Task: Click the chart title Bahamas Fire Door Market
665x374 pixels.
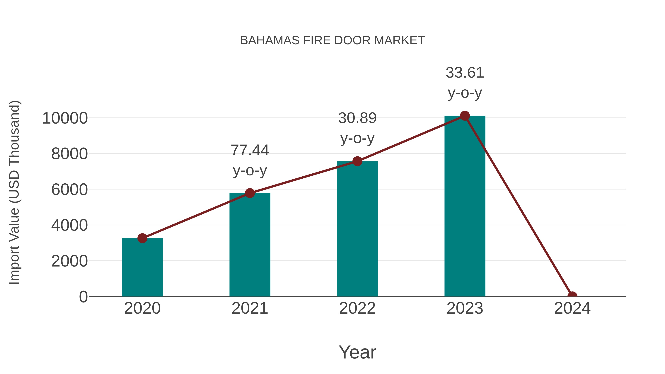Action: (332, 40)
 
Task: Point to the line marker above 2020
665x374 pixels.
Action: (142, 238)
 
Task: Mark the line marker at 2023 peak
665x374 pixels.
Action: (465, 116)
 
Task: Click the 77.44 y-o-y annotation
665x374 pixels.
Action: (250, 160)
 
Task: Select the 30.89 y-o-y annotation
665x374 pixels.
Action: (357, 128)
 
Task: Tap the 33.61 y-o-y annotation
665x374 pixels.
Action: (465, 83)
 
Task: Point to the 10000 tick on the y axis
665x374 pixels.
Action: (65, 118)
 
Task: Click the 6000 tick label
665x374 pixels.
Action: (69, 190)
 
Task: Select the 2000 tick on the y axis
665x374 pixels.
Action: (69, 261)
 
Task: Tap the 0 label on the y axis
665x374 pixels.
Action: (83, 297)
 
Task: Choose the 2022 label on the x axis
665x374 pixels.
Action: (357, 308)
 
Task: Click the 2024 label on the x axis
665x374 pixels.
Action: (572, 308)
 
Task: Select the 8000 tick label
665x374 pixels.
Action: (69, 154)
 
